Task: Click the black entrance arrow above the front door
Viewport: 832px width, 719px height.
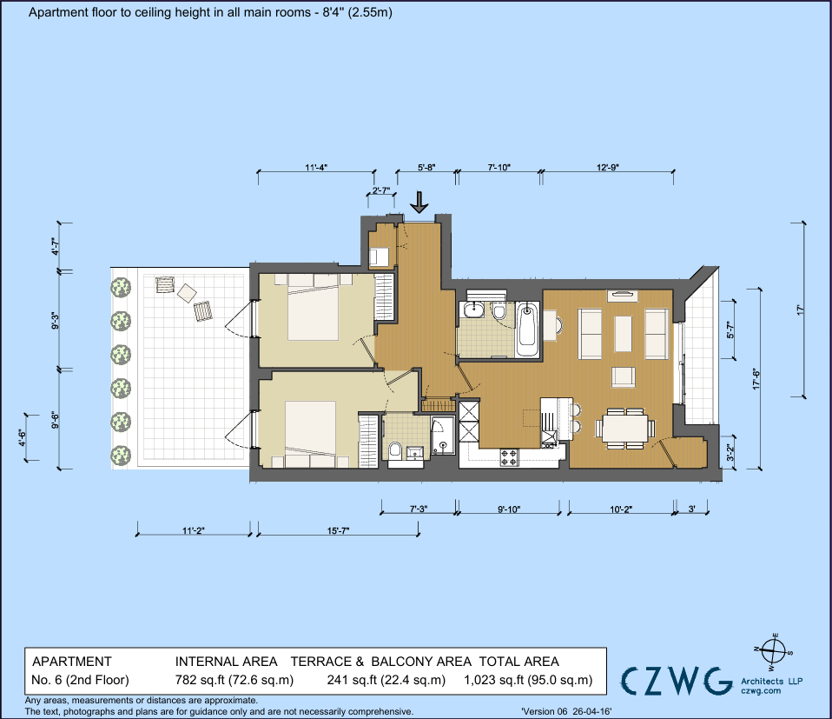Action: (419, 203)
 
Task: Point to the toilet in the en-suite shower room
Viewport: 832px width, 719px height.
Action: (395, 449)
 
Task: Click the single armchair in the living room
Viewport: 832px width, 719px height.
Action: (623, 377)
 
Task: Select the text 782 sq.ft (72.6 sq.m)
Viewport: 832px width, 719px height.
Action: (234, 680)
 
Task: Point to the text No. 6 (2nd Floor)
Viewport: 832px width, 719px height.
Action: (80, 680)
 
